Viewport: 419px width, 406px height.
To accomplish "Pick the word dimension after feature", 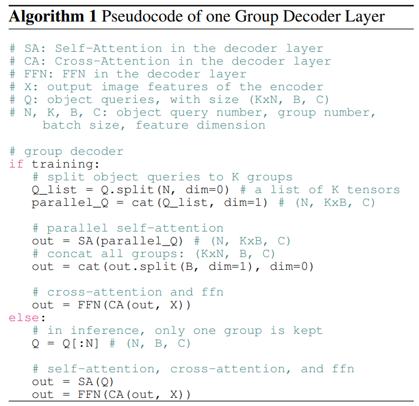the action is (231, 125).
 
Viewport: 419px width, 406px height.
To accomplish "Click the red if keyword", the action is (16, 164).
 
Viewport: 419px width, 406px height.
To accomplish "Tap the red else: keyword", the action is (23, 318).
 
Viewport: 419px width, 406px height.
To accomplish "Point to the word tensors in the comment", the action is (373, 190).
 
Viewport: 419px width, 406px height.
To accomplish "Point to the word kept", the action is (307, 330).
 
